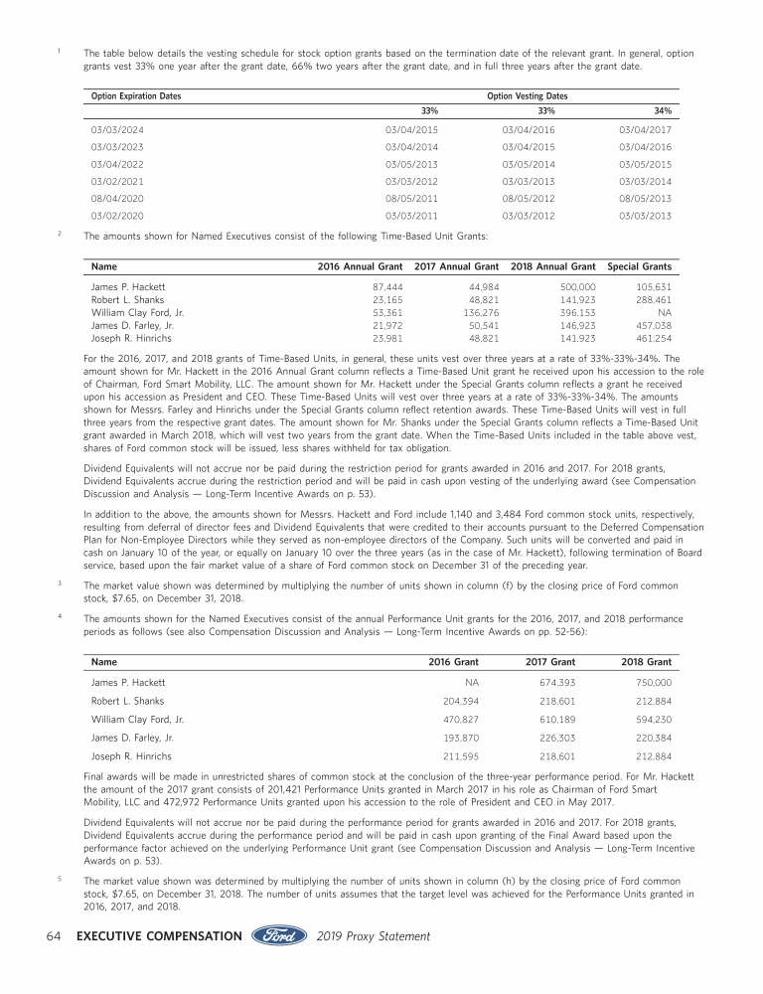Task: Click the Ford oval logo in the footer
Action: [279, 936]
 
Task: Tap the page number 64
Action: [56, 936]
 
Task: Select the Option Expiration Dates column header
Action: [136, 96]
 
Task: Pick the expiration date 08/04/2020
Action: [117, 198]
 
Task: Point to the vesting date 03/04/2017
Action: [645, 130]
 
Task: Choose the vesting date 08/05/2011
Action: [411, 198]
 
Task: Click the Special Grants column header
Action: [639, 266]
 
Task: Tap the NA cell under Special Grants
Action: [665, 312]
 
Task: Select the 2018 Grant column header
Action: [646, 661]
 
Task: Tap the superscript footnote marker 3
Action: [61, 582]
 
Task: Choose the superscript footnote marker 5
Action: [61, 878]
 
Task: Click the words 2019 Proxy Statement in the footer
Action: [374, 936]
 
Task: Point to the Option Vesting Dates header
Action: [528, 96]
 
